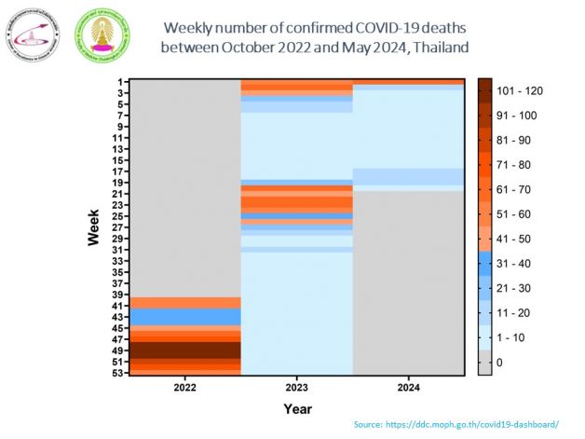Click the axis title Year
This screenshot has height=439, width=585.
tap(297, 408)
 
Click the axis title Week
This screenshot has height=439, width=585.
tap(94, 227)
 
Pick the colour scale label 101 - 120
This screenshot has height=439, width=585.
tap(520, 90)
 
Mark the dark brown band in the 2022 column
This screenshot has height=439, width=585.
tap(184, 350)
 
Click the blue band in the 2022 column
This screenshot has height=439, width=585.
tap(184, 317)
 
